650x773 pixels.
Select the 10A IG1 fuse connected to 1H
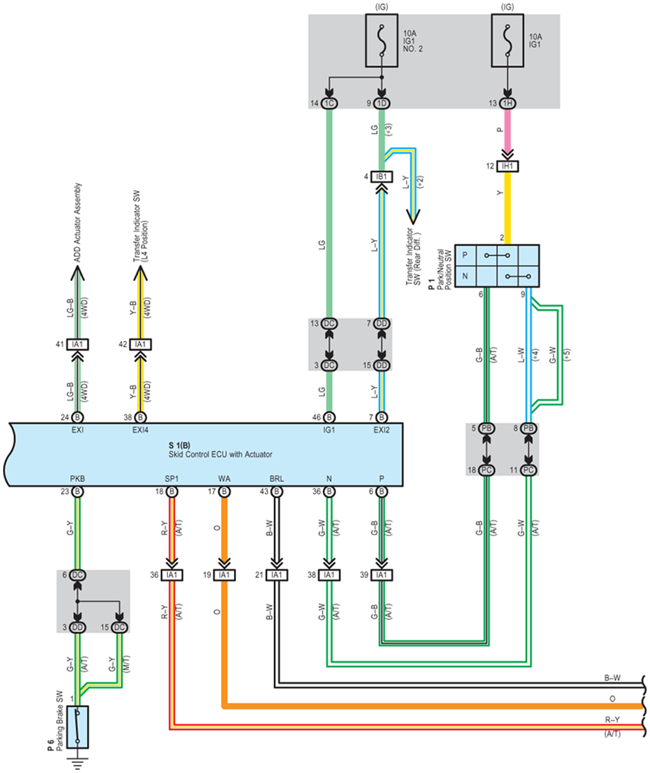(507, 40)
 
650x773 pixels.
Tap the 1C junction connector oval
(329, 103)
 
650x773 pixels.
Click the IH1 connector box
(507, 166)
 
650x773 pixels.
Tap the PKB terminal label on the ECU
(77, 479)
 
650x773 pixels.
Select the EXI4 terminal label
(140, 430)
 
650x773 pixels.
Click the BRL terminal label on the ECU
(277, 479)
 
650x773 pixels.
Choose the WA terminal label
(224, 479)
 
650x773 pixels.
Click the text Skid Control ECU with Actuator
(220, 454)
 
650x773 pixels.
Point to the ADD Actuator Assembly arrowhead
(77, 273)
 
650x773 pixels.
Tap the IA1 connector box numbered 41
(77, 344)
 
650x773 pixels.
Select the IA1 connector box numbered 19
(224, 575)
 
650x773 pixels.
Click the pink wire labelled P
(507, 130)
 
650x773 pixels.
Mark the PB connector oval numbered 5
(486, 429)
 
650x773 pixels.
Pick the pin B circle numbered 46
(329, 417)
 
